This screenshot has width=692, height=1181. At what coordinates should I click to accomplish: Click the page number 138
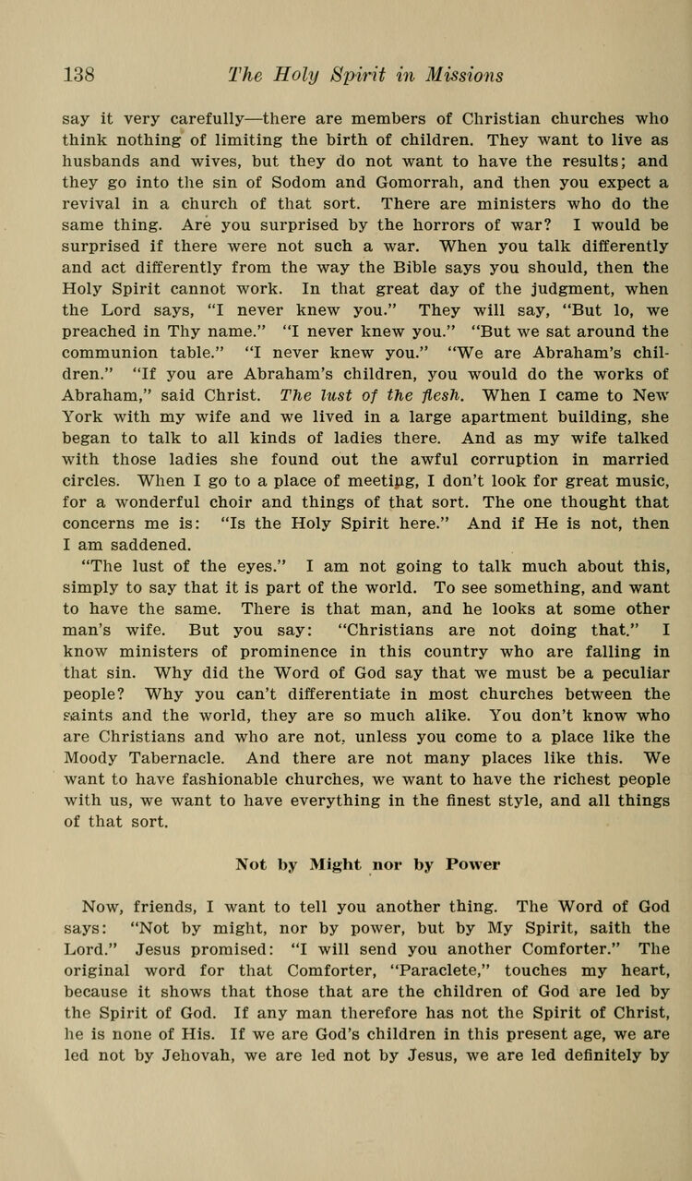pos(78,74)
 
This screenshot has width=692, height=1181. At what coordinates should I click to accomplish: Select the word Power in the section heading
pos(474,865)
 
